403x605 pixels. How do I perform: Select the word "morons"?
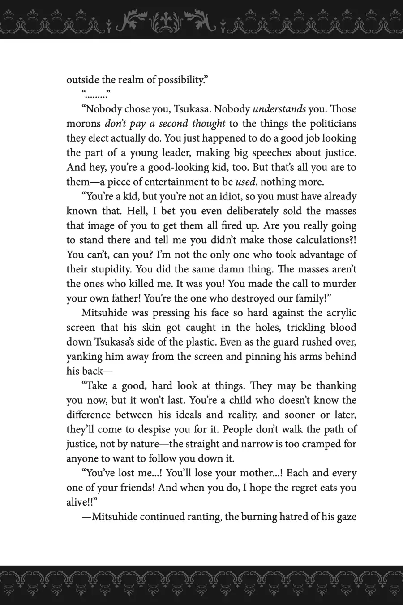click(83, 124)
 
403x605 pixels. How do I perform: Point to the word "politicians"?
click(330, 124)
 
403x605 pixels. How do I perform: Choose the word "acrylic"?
click(339, 313)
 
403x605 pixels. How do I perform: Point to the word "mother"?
click(249, 473)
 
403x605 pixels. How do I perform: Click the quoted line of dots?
click(96, 95)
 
